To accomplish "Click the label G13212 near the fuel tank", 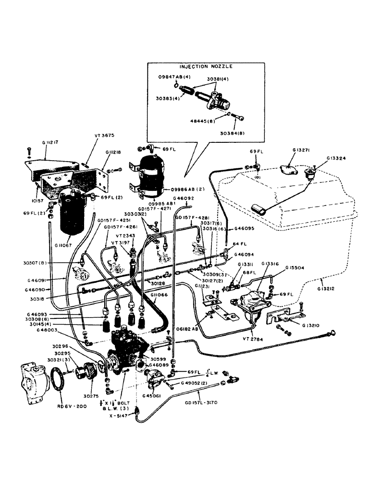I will pyautogui.click(x=327, y=290).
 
